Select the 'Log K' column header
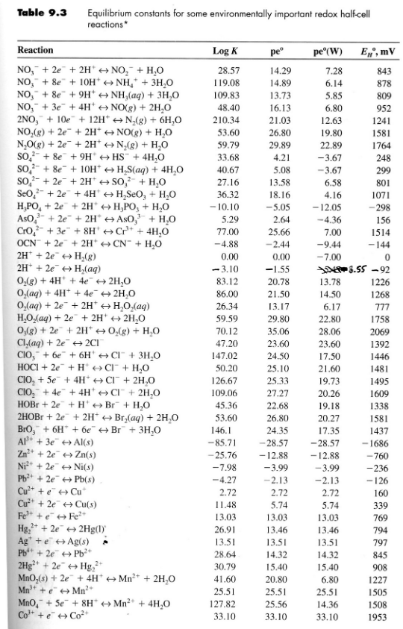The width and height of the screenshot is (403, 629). pos(224,51)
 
